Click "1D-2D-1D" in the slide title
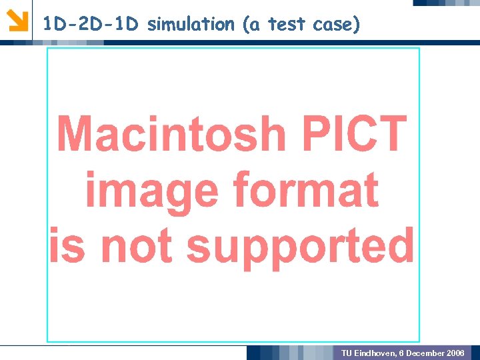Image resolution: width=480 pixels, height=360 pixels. tap(91, 25)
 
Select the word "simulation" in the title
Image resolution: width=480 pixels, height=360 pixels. tap(191, 25)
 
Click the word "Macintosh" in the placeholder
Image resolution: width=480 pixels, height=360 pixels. tap(171, 133)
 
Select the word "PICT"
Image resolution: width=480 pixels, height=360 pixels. tap(354, 133)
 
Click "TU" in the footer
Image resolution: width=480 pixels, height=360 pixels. tap(347, 353)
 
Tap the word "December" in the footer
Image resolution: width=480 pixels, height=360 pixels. tap(424, 353)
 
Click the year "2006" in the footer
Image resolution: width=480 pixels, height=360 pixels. tap(456, 353)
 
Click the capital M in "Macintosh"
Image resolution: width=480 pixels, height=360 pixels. tap(75, 133)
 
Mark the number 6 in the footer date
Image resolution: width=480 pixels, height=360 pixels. tap(402, 353)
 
